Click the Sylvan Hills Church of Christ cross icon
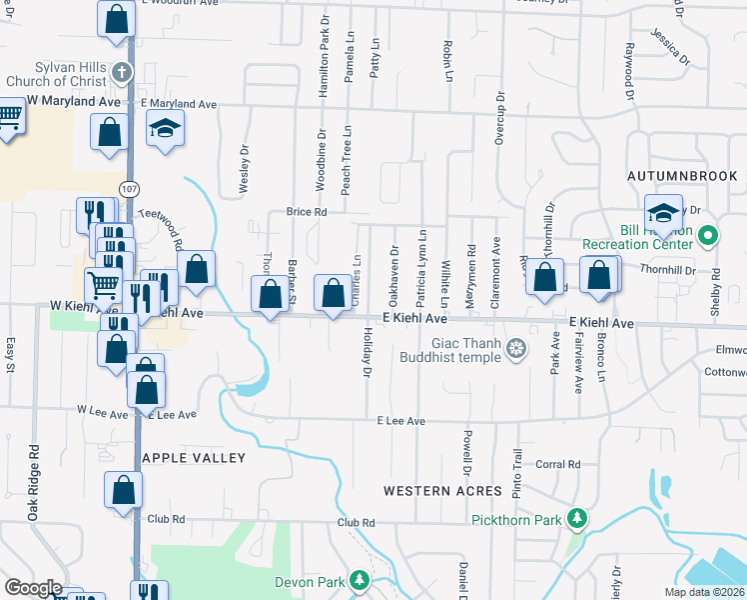(121, 72)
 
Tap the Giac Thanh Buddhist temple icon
(515, 348)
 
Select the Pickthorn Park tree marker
(575, 518)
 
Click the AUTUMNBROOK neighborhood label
(682, 175)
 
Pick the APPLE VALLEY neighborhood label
(195, 458)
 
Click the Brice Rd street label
(307, 212)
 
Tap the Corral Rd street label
(558, 464)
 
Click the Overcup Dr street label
(499, 120)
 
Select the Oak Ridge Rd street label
(34, 481)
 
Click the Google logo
(32, 587)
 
